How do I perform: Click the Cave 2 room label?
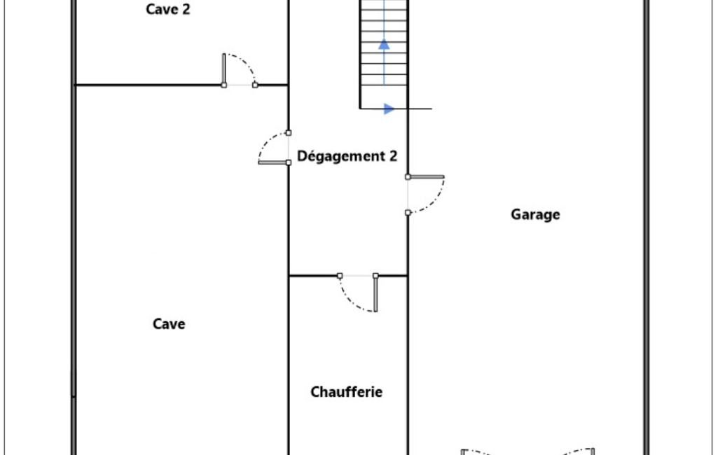coord(167,9)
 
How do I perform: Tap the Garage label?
coord(535,214)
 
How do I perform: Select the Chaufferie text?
coord(346,392)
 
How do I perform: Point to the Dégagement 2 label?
coord(347,156)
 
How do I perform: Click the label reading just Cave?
coord(169,324)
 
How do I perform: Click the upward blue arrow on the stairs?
coord(384,44)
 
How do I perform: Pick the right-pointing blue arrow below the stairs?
coord(389,109)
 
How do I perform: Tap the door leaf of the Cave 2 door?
coord(224,69)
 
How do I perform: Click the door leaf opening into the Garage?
coord(426,176)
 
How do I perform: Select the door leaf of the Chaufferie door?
coord(375,294)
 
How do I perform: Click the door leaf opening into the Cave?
coord(273,162)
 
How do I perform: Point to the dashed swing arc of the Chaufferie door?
coord(350,302)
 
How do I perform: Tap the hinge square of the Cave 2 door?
coord(224,85)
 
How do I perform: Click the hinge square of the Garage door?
coord(408,177)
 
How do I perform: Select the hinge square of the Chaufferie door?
coord(375,276)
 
